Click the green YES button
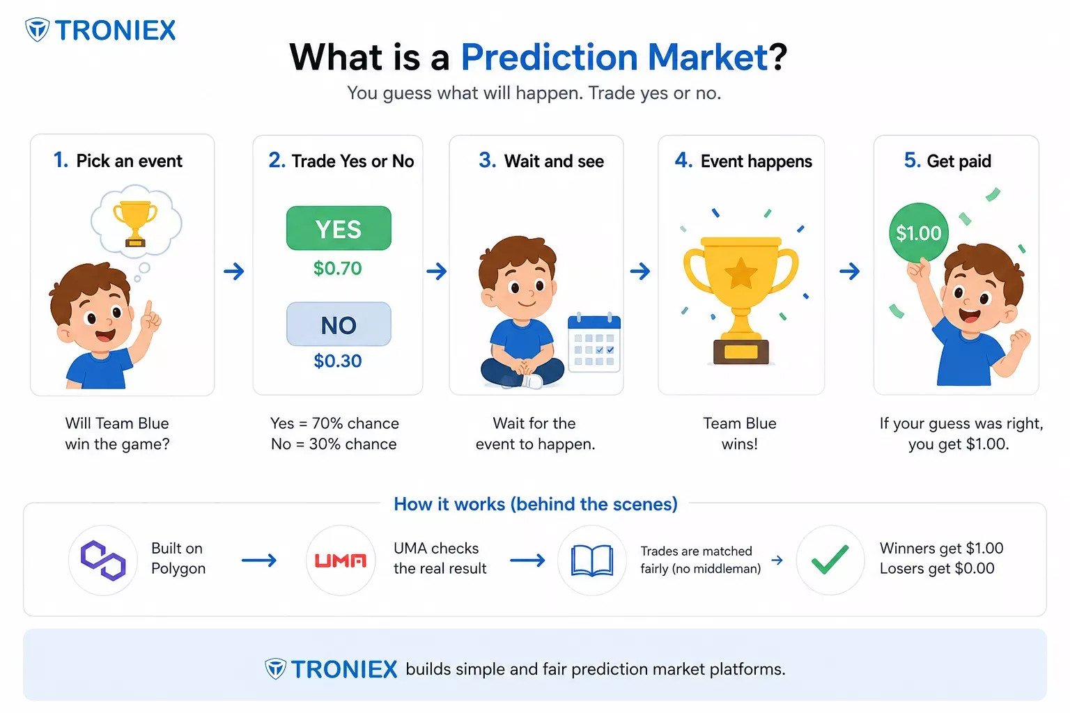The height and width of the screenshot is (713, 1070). point(339,228)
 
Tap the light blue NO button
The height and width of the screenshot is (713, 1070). point(339,324)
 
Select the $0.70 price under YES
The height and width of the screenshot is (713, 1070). point(338,268)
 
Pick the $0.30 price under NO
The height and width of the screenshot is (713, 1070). point(338,361)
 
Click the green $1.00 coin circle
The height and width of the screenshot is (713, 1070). point(918,233)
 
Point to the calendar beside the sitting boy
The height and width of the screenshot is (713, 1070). point(594,343)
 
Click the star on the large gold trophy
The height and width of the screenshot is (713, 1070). point(741,274)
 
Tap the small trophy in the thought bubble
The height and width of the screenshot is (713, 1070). point(135,223)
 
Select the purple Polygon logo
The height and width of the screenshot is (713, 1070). point(103,561)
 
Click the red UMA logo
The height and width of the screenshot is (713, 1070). point(341,561)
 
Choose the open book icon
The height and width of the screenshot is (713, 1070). point(592,561)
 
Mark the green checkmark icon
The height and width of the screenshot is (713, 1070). point(830,559)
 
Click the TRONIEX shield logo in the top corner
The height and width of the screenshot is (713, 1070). point(37,30)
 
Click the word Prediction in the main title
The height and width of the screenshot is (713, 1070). point(550,57)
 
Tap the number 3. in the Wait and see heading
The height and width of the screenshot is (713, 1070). point(487,160)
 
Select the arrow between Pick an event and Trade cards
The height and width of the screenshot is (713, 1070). point(234,272)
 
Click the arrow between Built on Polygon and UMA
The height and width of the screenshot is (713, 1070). point(259,561)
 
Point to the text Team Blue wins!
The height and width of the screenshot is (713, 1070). point(740,434)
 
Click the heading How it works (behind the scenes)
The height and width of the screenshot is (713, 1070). point(536,504)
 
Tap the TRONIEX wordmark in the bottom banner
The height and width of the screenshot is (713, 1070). point(344,669)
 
